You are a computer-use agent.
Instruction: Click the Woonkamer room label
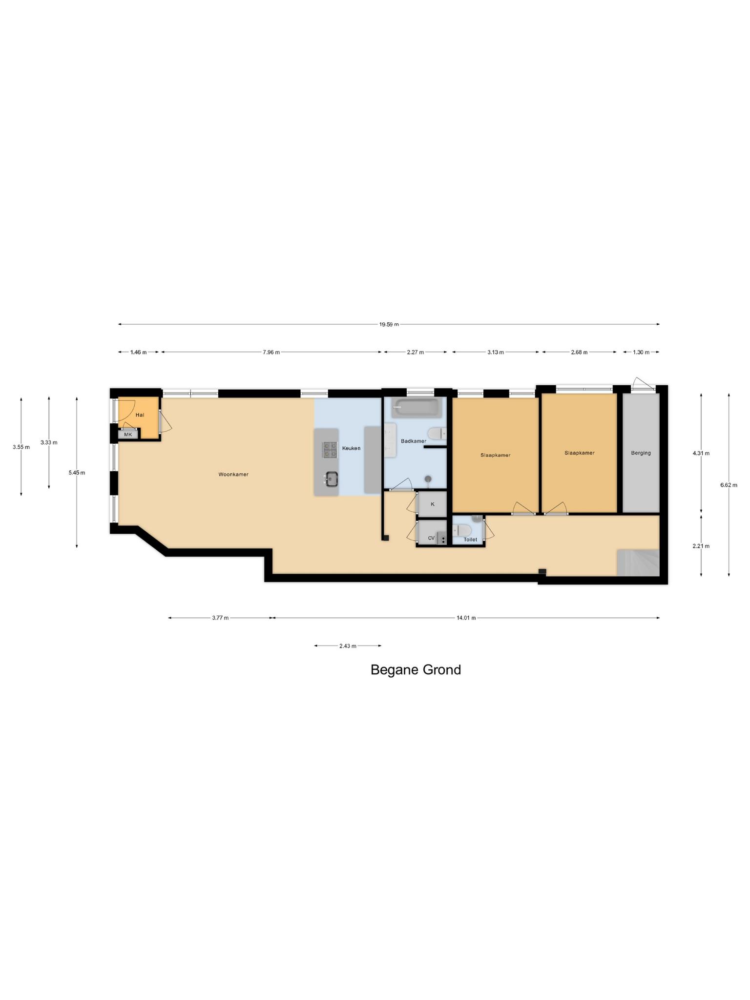pyautogui.click(x=233, y=474)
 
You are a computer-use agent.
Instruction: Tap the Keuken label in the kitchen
pyautogui.click(x=351, y=448)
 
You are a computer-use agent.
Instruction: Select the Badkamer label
pyautogui.click(x=414, y=441)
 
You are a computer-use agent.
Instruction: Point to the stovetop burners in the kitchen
pyautogui.click(x=330, y=449)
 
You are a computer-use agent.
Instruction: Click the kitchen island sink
pyautogui.click(x=332, y=479)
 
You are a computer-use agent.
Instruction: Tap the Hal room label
pyautogui.click(x=140, y=415)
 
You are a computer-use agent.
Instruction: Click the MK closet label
pyautogui.click(x=128, y=434)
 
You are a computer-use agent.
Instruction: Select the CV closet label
pyautogui.click(x=431, y=538)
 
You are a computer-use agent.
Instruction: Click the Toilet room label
pyautogui.click(x=470, y=540)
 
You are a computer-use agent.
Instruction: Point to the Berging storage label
pyautogui.click(x=641, y=453)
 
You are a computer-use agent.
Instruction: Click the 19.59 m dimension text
pyautogui.click(x=389, y=324)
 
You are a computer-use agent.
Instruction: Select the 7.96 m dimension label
pyautogui.click(x=271, y=352)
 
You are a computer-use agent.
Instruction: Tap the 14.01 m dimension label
pyautogui.click(x=466, y=618)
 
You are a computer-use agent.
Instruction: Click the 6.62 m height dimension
pyautogui.click(x=729, y=485)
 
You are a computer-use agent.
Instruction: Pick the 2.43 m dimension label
pyautogui.click(x=348, y=646)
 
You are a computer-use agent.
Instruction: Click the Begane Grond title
pyautogui.click(x=416, y=669)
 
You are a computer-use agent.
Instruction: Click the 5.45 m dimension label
pyautogui.click(x=77, y=473)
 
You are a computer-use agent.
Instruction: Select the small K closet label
pyautogui.click(x=432, y=504)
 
